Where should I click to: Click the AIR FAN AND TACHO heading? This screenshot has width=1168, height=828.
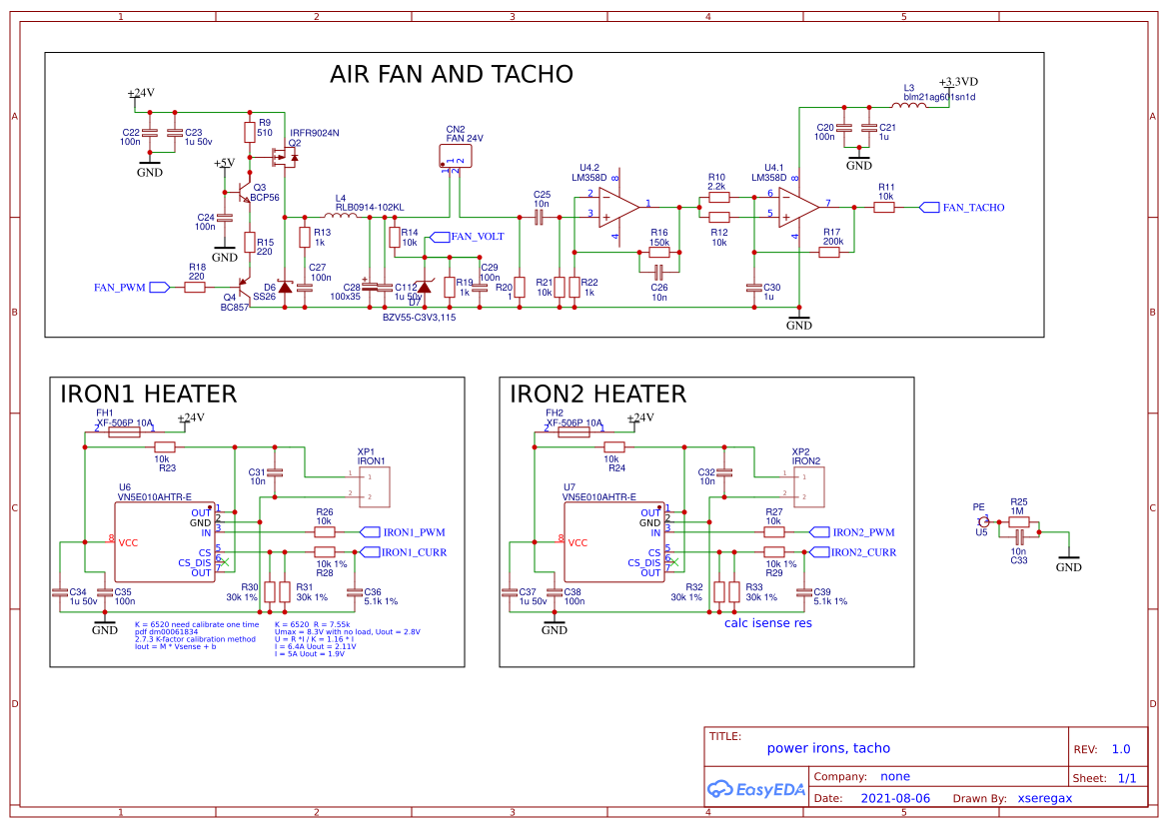click(x=452, y=74)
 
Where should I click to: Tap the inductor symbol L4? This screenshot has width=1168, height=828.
click(x=342, y=215)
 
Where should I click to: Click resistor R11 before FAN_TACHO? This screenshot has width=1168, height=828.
click(x=884, y=208)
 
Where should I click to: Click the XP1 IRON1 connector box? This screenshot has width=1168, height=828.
click(x=371, y=485)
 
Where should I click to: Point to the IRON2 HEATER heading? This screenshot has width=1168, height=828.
click(x=597, y=394)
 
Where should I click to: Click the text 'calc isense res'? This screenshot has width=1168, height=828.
click(x=767, y=622)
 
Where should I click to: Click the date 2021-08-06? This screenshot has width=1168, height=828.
click(x=894, y=798)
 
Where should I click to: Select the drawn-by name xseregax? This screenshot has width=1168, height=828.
click(x=1044, y=798)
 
